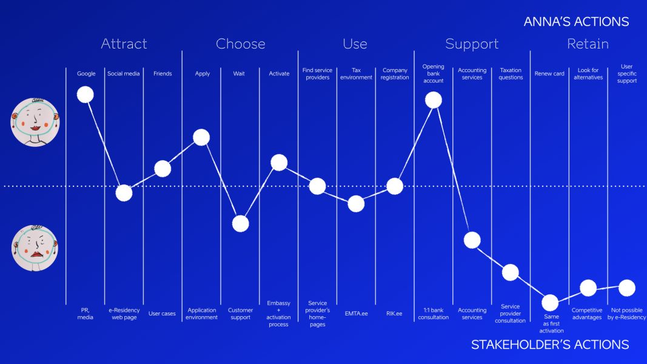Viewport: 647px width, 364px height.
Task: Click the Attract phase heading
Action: point(124,44)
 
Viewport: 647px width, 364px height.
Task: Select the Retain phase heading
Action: point(588,44)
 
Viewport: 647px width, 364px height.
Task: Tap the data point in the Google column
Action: point(85,94)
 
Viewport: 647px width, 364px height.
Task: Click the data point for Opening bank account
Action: point(433,99)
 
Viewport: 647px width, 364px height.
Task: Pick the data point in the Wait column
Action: point(241,223)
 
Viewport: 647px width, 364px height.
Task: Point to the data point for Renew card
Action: point(549,302)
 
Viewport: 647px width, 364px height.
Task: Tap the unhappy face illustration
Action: point(35,248)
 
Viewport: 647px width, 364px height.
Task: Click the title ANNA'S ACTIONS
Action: point(576,22)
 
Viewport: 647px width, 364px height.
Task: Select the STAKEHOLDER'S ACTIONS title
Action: point(549,345)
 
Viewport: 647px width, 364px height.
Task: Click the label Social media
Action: point(124,74)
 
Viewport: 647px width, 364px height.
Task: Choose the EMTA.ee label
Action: point(356,314)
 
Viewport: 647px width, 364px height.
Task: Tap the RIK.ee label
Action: point(394,314)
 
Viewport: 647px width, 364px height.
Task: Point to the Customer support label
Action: point(241,314)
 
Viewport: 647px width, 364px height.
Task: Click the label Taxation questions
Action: point(511,74)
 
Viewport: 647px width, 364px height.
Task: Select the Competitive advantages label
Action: point(587,314)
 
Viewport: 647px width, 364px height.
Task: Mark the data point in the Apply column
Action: point(201,137)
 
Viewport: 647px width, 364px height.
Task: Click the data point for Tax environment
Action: point(356,203)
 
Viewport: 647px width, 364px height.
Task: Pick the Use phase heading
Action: point(355,44)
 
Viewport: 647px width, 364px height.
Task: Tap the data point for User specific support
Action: point(627,288)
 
